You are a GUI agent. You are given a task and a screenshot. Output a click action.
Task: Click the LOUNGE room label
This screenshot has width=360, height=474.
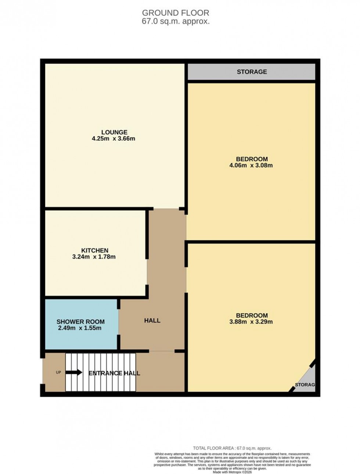(x=114, y=132)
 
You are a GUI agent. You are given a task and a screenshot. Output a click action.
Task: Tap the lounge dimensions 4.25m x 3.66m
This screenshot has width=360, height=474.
(x=114, y=139)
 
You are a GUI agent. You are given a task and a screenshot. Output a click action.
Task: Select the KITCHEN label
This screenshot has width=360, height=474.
(x=95, y=250)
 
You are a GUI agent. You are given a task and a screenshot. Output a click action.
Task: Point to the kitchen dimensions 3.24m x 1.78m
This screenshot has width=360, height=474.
(x=94, y=257)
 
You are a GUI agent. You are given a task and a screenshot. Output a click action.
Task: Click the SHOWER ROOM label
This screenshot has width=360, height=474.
(x=80, y=322)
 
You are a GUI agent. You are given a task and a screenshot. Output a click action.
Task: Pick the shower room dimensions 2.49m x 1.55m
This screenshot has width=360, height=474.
(x=80, y=328)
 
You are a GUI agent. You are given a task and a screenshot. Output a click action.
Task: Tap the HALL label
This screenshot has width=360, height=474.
(x=152, y=321)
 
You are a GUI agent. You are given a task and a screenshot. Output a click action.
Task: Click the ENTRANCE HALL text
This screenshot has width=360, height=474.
(x=114, y=373)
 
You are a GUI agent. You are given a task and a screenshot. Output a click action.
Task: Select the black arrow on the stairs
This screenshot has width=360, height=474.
(x=74, y=372)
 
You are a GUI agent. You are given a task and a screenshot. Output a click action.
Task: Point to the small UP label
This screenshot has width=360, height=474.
(x=58, y=373)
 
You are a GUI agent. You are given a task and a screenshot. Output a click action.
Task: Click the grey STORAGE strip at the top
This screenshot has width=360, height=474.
(x=252, y=72)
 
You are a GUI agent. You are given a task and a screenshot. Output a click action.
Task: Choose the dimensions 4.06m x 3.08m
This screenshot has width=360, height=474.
(x=251, y=165)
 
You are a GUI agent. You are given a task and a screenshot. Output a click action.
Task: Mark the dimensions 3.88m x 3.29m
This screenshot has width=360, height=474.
(x=252, y=322)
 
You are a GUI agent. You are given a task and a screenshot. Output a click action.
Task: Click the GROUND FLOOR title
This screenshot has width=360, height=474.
(x=176, y=13)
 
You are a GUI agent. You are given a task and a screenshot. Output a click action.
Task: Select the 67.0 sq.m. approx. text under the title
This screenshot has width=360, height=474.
(x=176, y=21)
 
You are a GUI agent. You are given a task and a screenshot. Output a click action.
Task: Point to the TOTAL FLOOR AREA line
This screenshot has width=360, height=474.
(x=232, y=448)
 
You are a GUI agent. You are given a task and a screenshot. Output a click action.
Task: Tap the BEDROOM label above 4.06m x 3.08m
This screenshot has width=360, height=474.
(x=252, y=159)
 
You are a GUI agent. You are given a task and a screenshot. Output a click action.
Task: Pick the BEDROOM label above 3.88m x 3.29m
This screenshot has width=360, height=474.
(x=252, y=316)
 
